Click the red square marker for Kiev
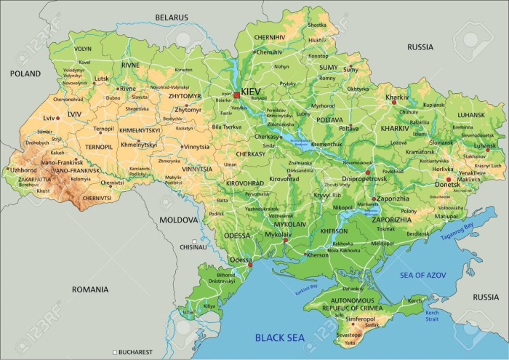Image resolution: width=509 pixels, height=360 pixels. tap(236, 95)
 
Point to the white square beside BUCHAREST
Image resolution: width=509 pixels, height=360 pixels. tap(115, 352)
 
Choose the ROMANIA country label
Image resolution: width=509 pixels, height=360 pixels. tap(89, 289)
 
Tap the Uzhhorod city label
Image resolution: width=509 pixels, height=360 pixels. tap(23, 169)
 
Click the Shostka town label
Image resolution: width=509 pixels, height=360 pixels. tap(317, 25)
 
